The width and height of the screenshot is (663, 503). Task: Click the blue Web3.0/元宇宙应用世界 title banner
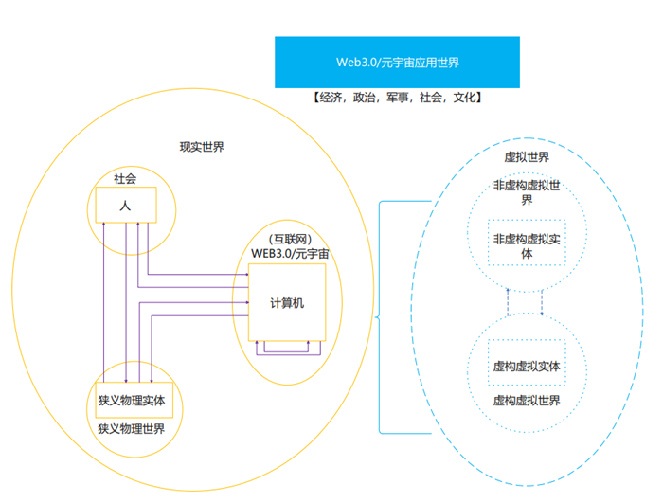[397, 62]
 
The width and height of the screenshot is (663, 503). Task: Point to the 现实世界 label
[202, 147]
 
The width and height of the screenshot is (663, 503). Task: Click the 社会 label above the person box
[125, 178]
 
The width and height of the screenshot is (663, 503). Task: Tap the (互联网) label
[290, 239]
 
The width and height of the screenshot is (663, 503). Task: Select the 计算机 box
[287, 302]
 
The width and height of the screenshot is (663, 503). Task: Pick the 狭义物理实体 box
[132, 400]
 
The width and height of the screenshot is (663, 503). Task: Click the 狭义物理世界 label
[132, 428]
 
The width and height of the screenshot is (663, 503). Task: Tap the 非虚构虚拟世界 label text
[527, 191]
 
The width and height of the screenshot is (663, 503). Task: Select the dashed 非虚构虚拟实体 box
[527, 245]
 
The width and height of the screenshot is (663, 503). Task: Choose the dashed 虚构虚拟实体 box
[527, 365]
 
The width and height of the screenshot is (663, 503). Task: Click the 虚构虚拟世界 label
[527, 401]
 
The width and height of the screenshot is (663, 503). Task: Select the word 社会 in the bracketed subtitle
[430, 98]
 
